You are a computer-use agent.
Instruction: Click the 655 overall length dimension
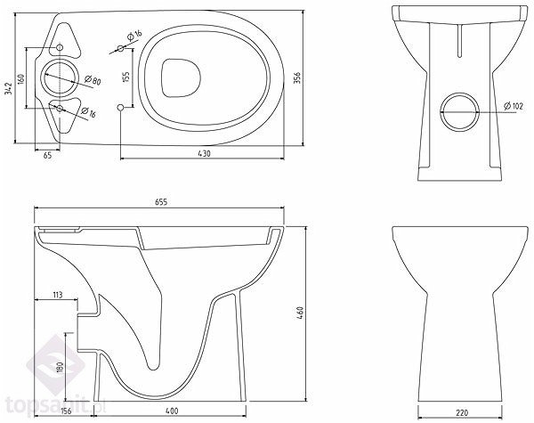161,202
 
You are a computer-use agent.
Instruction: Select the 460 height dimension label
300,313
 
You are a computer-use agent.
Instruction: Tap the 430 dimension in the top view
204,153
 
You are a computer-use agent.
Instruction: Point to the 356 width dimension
297,78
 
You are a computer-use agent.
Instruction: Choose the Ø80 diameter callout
93,80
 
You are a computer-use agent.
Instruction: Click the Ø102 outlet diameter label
514,106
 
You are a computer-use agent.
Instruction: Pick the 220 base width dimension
461,412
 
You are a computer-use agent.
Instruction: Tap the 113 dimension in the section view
57,294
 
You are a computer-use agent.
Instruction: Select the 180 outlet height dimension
60,368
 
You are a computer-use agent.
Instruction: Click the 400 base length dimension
172,411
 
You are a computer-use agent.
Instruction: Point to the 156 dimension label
66,411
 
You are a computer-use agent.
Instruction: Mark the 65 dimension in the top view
48,155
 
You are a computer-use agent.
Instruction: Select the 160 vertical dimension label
20,78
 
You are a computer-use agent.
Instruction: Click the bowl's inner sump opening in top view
181,77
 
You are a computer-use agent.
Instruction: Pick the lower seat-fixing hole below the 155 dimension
120,108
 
